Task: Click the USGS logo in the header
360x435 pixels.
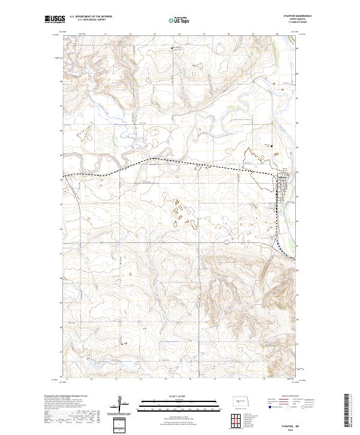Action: [55, 20]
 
